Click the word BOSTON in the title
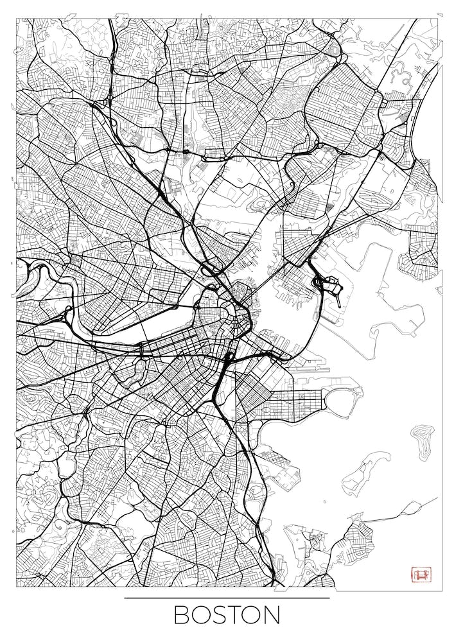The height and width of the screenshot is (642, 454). pos(227,615)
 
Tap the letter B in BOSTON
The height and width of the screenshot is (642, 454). pos(182,615)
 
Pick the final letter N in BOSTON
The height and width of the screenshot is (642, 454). pos(271,615)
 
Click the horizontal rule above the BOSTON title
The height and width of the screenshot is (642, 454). pos(227,598)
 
